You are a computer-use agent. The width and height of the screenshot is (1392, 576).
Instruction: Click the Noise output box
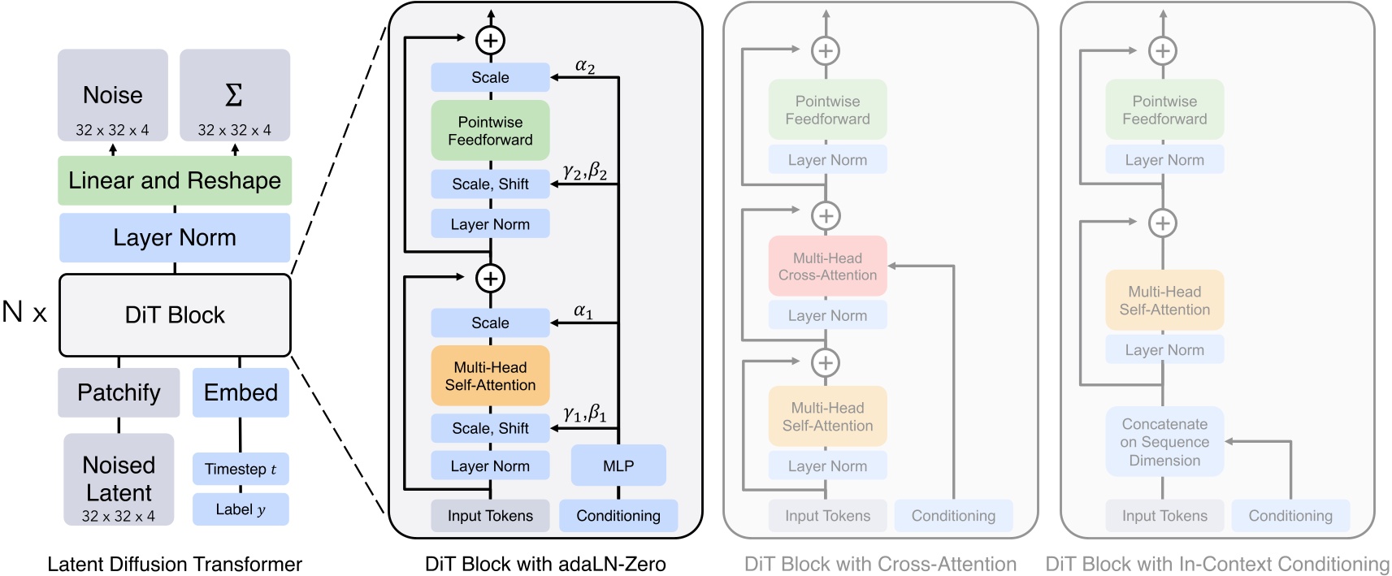click(113, 96)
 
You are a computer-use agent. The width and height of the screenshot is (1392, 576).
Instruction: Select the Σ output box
click(235, 96)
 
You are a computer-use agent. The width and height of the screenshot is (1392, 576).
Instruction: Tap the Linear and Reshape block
click(175, 180)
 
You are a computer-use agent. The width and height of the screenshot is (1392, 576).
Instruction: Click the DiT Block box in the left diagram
click(175, 315)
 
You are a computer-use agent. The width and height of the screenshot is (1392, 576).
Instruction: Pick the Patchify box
click(119, 392)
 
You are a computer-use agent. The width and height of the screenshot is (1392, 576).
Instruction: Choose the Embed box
click(241, 392)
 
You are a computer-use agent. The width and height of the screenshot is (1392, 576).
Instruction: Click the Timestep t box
click(241, 469)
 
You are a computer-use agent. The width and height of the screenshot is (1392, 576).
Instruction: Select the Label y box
click(241, 509)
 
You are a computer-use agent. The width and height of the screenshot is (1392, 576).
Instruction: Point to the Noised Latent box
click(119, 479)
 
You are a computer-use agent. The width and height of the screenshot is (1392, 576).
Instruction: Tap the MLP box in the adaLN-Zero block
click(618, 466)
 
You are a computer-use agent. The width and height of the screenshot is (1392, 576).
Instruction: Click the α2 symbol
click(585, 67)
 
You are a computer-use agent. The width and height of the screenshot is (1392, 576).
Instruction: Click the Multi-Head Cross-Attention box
click(827, 266)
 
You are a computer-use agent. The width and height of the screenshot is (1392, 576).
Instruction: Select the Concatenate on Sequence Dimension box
click(1164, 442)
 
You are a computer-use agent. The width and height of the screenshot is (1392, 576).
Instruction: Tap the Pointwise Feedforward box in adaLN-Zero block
click(490, 131)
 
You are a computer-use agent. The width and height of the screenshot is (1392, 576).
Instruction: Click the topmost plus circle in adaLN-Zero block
click(490, 39)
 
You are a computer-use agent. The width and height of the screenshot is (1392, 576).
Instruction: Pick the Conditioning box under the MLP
click(618, 516)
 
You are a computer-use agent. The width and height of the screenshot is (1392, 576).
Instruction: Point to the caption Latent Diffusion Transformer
click(175, 564)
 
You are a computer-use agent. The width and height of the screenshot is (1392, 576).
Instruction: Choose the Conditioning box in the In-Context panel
click(1290, 516)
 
